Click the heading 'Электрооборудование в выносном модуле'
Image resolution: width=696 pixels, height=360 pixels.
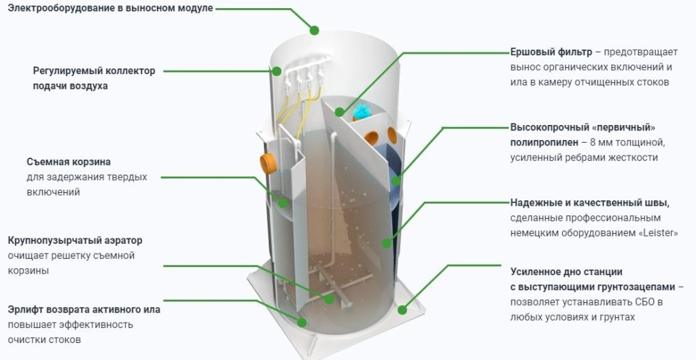tap(109, 8)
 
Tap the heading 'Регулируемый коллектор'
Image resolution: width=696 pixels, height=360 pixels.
tap(94, 71)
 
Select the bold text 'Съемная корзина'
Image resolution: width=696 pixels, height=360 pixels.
tap(69, 162)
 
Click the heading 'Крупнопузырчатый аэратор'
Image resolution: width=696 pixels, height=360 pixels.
tap(75, 240)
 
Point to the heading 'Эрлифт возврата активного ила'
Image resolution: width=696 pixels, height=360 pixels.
tap(84, 310)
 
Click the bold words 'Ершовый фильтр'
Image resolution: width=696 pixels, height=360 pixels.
tap(550, 52)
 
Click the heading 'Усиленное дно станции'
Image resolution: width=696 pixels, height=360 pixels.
tap(566, 272)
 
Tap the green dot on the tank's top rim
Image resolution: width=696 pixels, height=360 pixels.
tap(314, 30)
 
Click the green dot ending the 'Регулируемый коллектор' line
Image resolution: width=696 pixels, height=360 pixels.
tap(277, 71)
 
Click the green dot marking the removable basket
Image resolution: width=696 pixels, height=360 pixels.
tap(281, 202)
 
